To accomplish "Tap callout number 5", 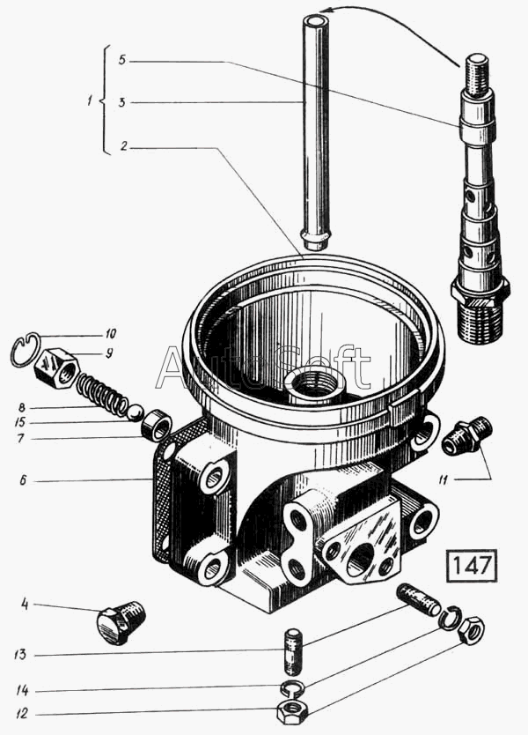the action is pyautogui.click(x=121, y=60).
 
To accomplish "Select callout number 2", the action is pyautogui.click(x=123, y=146).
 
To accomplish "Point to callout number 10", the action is pyautogui.click(x=111, y=334).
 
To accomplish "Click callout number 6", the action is pyautogui.click(x=23, y=480).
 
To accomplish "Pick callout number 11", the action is pyautogui.click(x=444, y=479).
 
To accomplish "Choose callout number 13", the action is pyautogui.click(x=20, y=655).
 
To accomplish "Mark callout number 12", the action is pyautogui.click(x=21, y=714).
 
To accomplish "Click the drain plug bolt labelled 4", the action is pyautogui.click(x=121, y=621).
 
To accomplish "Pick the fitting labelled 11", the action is pyautogui.click(x=466, y=436).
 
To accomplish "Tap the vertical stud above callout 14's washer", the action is pyautogui.click(x=291, y=651).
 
